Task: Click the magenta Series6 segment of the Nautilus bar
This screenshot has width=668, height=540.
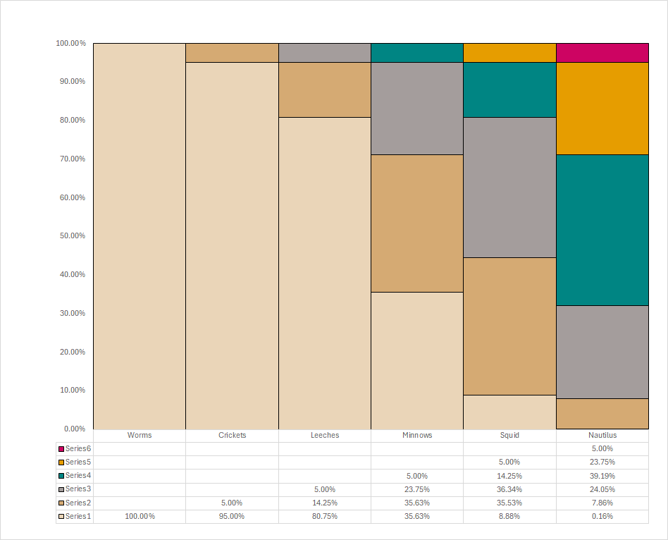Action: (602, 53)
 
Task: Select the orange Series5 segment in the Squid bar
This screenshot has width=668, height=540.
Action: (509, 53)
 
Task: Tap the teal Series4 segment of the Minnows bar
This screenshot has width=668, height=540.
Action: (417, 53)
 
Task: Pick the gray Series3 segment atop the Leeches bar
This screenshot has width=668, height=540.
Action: (325, 53)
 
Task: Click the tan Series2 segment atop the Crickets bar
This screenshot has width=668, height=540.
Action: (232, 53)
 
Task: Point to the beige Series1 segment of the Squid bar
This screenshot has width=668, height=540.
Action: (509, 412)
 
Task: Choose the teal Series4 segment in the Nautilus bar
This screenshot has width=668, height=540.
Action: (602, 230)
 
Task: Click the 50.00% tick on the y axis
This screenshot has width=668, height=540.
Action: (70, 236)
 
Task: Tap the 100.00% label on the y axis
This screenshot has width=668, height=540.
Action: (70, 44)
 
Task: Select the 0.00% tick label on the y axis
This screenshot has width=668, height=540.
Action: (74, 429)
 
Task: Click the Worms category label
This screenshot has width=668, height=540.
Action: (140, 436)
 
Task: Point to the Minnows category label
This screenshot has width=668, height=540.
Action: (417, 436)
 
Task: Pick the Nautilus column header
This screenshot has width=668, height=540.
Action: (602, 436)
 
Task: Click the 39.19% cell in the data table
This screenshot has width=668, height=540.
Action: (602, 476)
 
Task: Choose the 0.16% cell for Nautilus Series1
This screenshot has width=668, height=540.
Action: (602, 517)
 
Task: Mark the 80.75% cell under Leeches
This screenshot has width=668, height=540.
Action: (325, 517)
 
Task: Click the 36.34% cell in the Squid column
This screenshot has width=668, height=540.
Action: (509, 489)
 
